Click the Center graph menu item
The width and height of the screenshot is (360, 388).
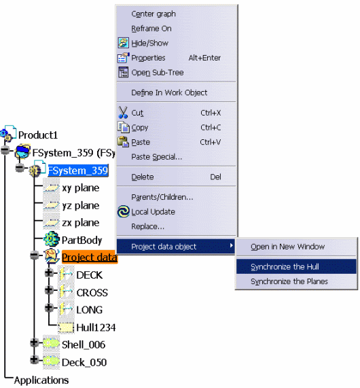coord(154,14)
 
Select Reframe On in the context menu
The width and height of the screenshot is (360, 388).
coord(151,29)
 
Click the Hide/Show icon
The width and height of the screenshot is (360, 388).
coord(123,43)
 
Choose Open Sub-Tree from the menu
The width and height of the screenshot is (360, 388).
coord(158,73)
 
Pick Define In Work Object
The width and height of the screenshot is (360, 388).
coord(169,92)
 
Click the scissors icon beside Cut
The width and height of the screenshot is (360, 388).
coord(123,113)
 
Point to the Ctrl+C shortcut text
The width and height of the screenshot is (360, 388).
coord(211,128)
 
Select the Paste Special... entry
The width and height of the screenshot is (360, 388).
coord(157,157)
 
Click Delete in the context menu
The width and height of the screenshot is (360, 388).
coord(143,177)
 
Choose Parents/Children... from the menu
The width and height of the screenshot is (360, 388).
coord(162,197)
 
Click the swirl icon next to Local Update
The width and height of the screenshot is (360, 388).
coord(124,212)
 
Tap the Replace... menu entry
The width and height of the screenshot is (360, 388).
coord(147,227)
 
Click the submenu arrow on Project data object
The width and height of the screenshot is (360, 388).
coord(231,245)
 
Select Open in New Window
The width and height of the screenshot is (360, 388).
coord(287,247)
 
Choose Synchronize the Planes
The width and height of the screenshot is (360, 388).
coord(289,281)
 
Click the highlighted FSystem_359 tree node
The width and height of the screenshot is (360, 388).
coord(78,171)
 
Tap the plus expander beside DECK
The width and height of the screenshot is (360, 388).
coord(49,272)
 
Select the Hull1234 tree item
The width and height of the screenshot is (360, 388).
coord(96,328)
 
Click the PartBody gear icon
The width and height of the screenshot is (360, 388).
coord(51,239)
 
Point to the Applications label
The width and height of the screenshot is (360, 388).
coord(41,381)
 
